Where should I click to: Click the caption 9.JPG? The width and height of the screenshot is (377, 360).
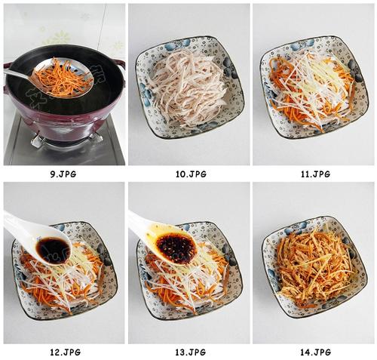[x=63, y=174]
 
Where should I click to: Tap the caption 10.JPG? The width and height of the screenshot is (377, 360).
[x=191, y=174]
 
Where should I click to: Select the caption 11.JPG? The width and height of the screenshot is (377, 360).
[x=316, y=174]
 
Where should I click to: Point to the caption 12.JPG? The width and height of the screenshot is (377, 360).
[x=66, y=352]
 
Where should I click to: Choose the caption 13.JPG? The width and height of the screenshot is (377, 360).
[x=191, y=352]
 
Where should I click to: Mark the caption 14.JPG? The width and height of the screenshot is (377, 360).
[x=315, y=352]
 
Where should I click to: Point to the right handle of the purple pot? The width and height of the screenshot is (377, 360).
[x=119, y=64]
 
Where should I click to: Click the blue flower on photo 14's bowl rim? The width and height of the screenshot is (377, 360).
[x=300, y=225]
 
